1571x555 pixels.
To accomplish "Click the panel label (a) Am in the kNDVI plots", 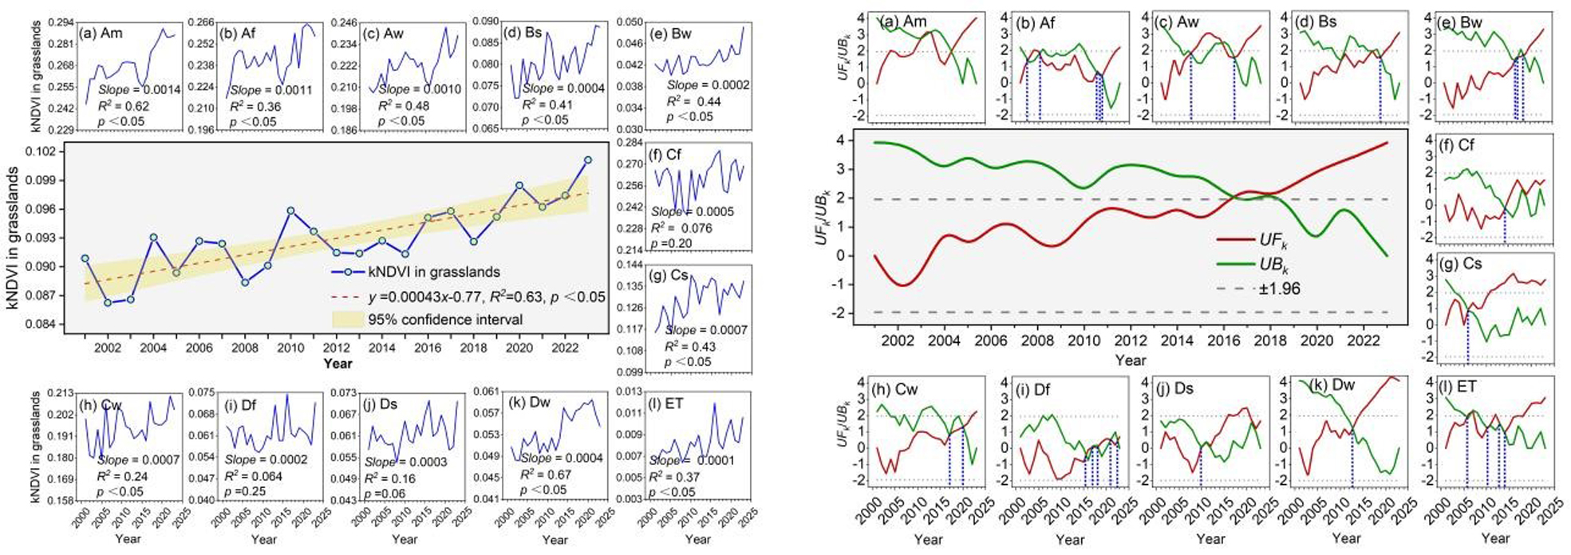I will coord(101,33).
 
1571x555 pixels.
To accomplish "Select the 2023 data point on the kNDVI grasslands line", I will coord(588,159).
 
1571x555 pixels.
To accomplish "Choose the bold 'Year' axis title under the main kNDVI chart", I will coord(337,364).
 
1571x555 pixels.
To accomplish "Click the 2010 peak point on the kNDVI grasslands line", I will coord(290,211).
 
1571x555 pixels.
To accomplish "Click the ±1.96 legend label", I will coord(1279,289).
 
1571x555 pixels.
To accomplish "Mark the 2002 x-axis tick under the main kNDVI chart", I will coord(108,348).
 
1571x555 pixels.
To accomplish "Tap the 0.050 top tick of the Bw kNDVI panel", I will coord(630,22).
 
